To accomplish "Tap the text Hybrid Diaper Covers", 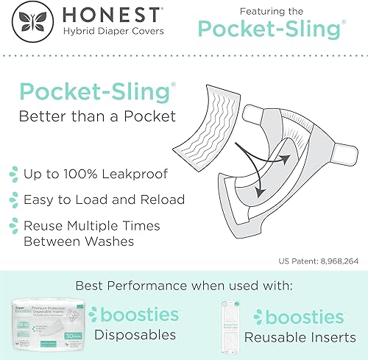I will coord(113,32).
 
